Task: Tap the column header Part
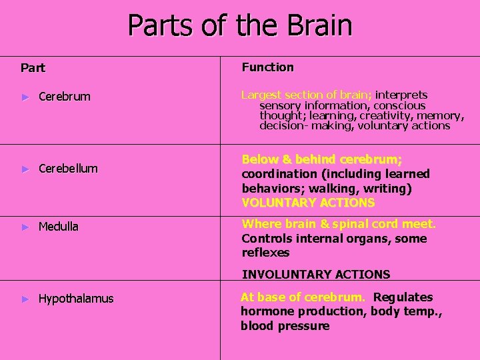point(33,67)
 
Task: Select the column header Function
point(267,67)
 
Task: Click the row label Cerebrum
point(64,97)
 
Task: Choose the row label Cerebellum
point(68,169)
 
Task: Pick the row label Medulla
point(59,227)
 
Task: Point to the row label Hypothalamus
point(76,299)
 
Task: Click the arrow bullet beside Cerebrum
point(26,97)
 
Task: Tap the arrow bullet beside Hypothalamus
point(26,299)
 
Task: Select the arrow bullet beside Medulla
point(26,227)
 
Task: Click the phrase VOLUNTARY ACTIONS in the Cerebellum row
point(308,203)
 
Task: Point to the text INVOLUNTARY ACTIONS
point(316,274)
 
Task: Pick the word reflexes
point(265,253)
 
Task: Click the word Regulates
point(403,297)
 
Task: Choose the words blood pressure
point(285,326)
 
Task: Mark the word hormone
point(263,311)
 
